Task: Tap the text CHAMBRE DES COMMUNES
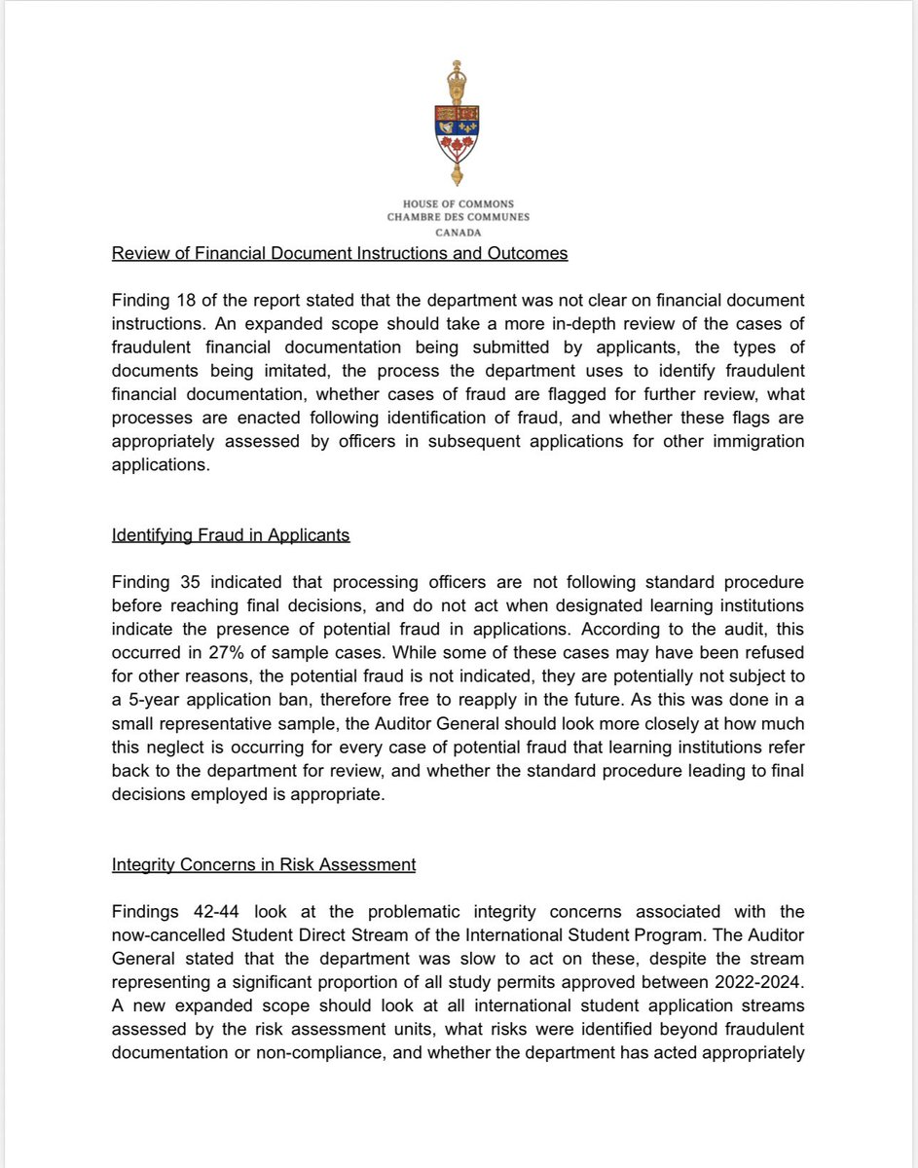point(459,217)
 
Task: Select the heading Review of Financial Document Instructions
point(340,255)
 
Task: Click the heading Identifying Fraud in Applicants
point(231,534)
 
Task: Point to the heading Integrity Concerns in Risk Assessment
point(264,863)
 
